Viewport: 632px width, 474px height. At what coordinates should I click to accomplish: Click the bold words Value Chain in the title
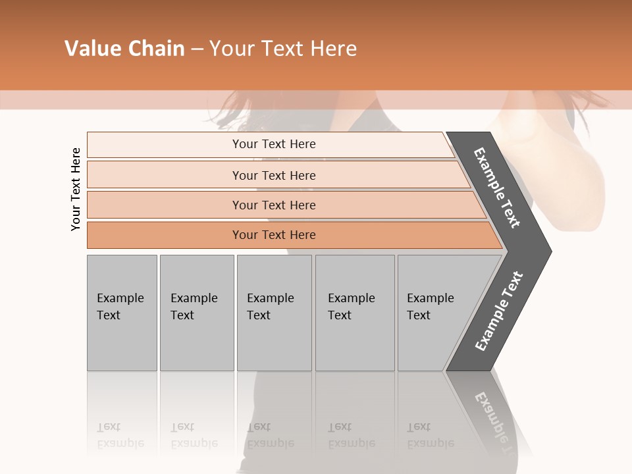124,49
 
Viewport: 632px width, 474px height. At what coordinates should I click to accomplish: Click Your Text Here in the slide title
282,49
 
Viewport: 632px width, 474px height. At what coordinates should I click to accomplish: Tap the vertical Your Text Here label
76,189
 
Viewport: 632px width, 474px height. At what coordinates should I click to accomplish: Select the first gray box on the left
122,313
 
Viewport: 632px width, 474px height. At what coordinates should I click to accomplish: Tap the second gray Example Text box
197,313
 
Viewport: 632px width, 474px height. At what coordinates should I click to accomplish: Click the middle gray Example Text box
274,313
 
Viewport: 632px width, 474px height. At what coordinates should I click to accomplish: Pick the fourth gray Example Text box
355,313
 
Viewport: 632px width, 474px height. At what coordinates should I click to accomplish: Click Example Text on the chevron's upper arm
497,188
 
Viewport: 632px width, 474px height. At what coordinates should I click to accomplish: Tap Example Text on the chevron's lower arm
498,311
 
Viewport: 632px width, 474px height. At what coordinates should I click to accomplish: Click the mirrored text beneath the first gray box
120,435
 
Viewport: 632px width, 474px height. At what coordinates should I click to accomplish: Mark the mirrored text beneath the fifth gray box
430,435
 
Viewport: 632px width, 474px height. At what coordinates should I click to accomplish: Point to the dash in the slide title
197,49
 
